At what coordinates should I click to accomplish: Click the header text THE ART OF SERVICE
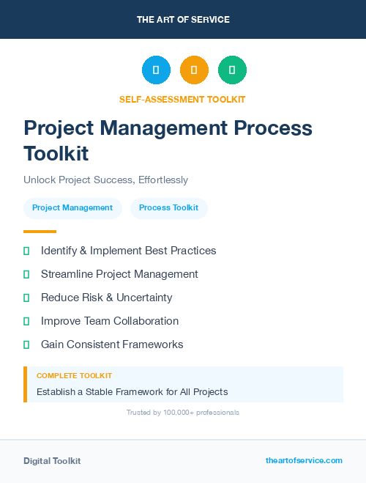(x=183, y=20)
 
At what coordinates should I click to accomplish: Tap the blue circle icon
(x=156, y=70)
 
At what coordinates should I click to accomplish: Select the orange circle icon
(x=194, y=70)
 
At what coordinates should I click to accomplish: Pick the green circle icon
(x=232, y=70)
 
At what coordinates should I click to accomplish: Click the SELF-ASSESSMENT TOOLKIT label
(x=182, y=99)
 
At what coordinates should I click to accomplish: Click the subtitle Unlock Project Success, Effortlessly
(x=105, y=180)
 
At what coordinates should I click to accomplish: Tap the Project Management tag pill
(x=72, y=208)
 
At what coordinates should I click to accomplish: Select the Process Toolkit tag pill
(x=168, y=208)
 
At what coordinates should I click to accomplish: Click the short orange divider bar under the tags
(x=40, y=231)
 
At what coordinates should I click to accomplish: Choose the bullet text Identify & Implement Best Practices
(x=128, y=251)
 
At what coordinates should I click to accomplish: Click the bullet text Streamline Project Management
(x=119, y=274)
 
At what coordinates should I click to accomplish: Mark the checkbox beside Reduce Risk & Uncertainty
(x=26, y=298)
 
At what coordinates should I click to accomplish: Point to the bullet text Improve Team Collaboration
(x=110, y=321)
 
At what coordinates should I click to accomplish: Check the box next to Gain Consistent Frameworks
(x=26, y=344)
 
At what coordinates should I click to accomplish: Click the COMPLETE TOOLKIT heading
(x=74, y=376)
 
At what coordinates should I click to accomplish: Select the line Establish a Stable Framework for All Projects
(x=132, y=391)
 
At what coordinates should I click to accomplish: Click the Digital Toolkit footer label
(x=52, y=461)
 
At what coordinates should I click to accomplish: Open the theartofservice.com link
(x=304, y=460)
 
